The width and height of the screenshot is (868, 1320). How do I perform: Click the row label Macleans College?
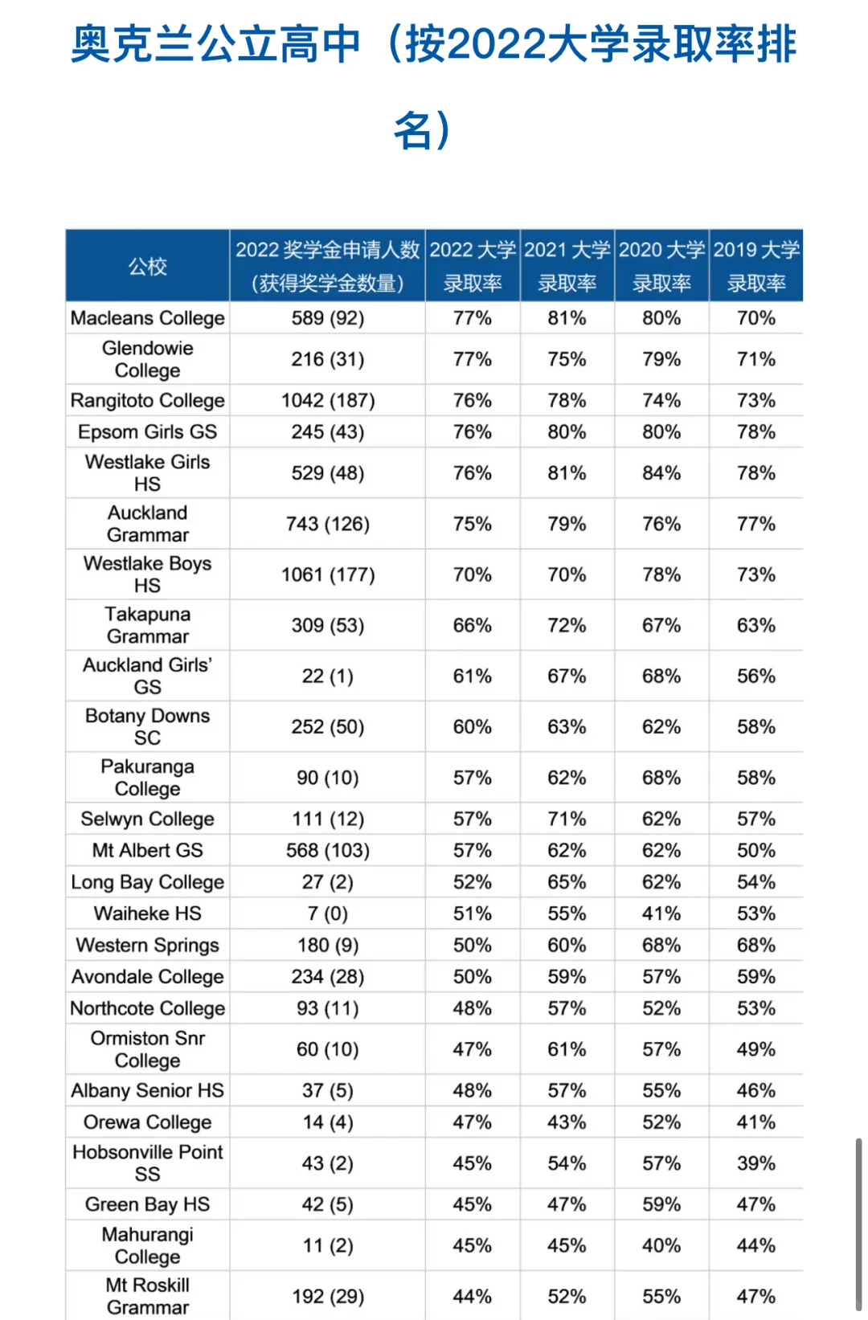148,318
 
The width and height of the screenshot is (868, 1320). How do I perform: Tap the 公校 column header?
148,267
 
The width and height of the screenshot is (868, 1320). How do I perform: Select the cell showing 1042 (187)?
328,400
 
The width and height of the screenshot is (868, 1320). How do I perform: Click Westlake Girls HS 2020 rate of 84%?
661,473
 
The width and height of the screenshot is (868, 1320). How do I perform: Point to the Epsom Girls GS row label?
148,432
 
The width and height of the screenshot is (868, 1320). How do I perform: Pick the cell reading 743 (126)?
328,524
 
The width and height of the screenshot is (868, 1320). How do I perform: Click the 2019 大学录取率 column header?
756,267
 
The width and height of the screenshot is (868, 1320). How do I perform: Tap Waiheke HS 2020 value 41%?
661,913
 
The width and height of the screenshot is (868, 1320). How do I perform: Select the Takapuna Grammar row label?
148,625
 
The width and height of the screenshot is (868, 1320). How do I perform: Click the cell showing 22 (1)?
328,676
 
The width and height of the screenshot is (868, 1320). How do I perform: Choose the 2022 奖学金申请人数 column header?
328,267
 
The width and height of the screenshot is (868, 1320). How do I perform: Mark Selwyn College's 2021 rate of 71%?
567,819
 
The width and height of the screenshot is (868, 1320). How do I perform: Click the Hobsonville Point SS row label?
148,1163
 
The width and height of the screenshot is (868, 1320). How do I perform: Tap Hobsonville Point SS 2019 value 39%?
756,1163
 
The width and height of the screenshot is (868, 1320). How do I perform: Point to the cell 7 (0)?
328,913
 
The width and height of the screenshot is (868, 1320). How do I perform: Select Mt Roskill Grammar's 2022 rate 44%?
473,1296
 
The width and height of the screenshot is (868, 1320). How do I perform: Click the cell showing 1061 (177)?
328,574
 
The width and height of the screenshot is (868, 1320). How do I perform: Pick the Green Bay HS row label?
148,1204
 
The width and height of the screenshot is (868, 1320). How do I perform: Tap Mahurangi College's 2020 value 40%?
661,1245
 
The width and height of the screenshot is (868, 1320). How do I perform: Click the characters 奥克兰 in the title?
133,44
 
